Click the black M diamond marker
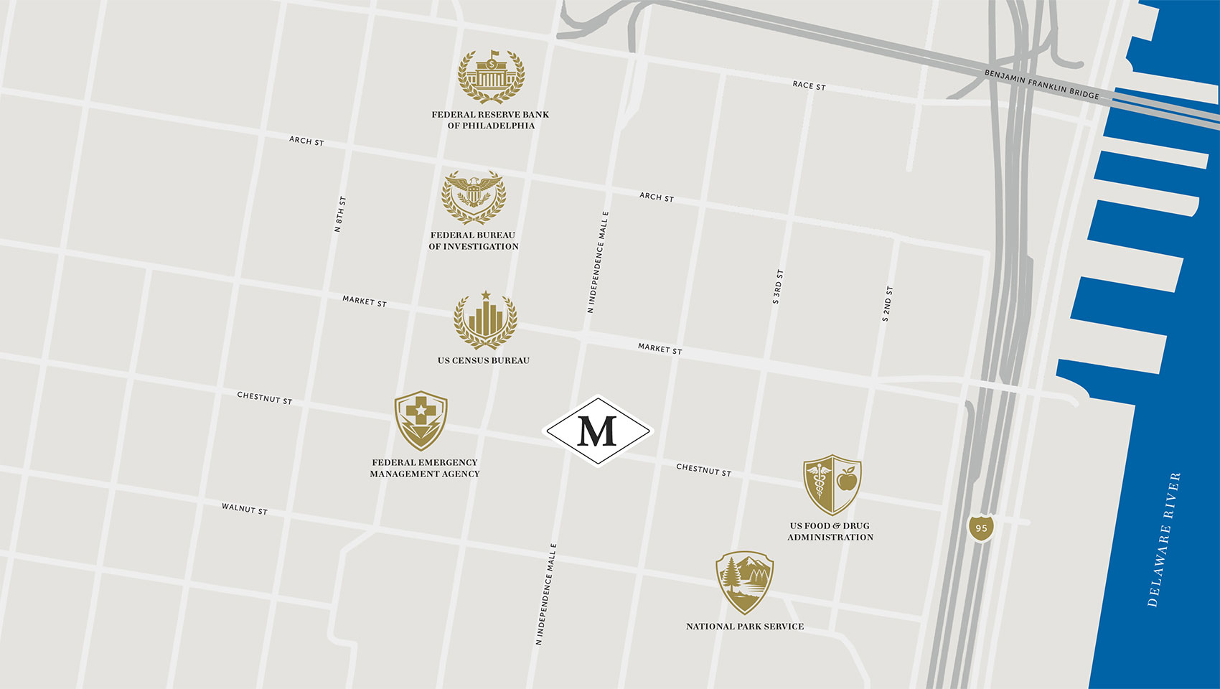(x=598, y=431)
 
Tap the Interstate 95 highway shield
(x=981, y=528)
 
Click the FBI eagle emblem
(x=474, y=197)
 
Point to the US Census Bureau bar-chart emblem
(x=485, y=321)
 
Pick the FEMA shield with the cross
(x=421, y=420)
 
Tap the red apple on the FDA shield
(x=847, y=479)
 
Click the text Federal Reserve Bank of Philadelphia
(x=490, y=120)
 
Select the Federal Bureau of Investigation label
(x=474, y=240)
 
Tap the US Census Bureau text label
(x=484, y=360)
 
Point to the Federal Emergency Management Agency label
(x=425, y=468)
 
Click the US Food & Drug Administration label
(x=830, y=531)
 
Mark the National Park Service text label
(x=745, y=627)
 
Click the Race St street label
(x=809, y=85)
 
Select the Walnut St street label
(x=244, y=509)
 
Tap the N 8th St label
(x=340, y=214)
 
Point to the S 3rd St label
(x=778, y=287)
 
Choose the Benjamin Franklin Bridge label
(x=1041, y=84)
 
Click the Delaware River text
(x=1163, y=540)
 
